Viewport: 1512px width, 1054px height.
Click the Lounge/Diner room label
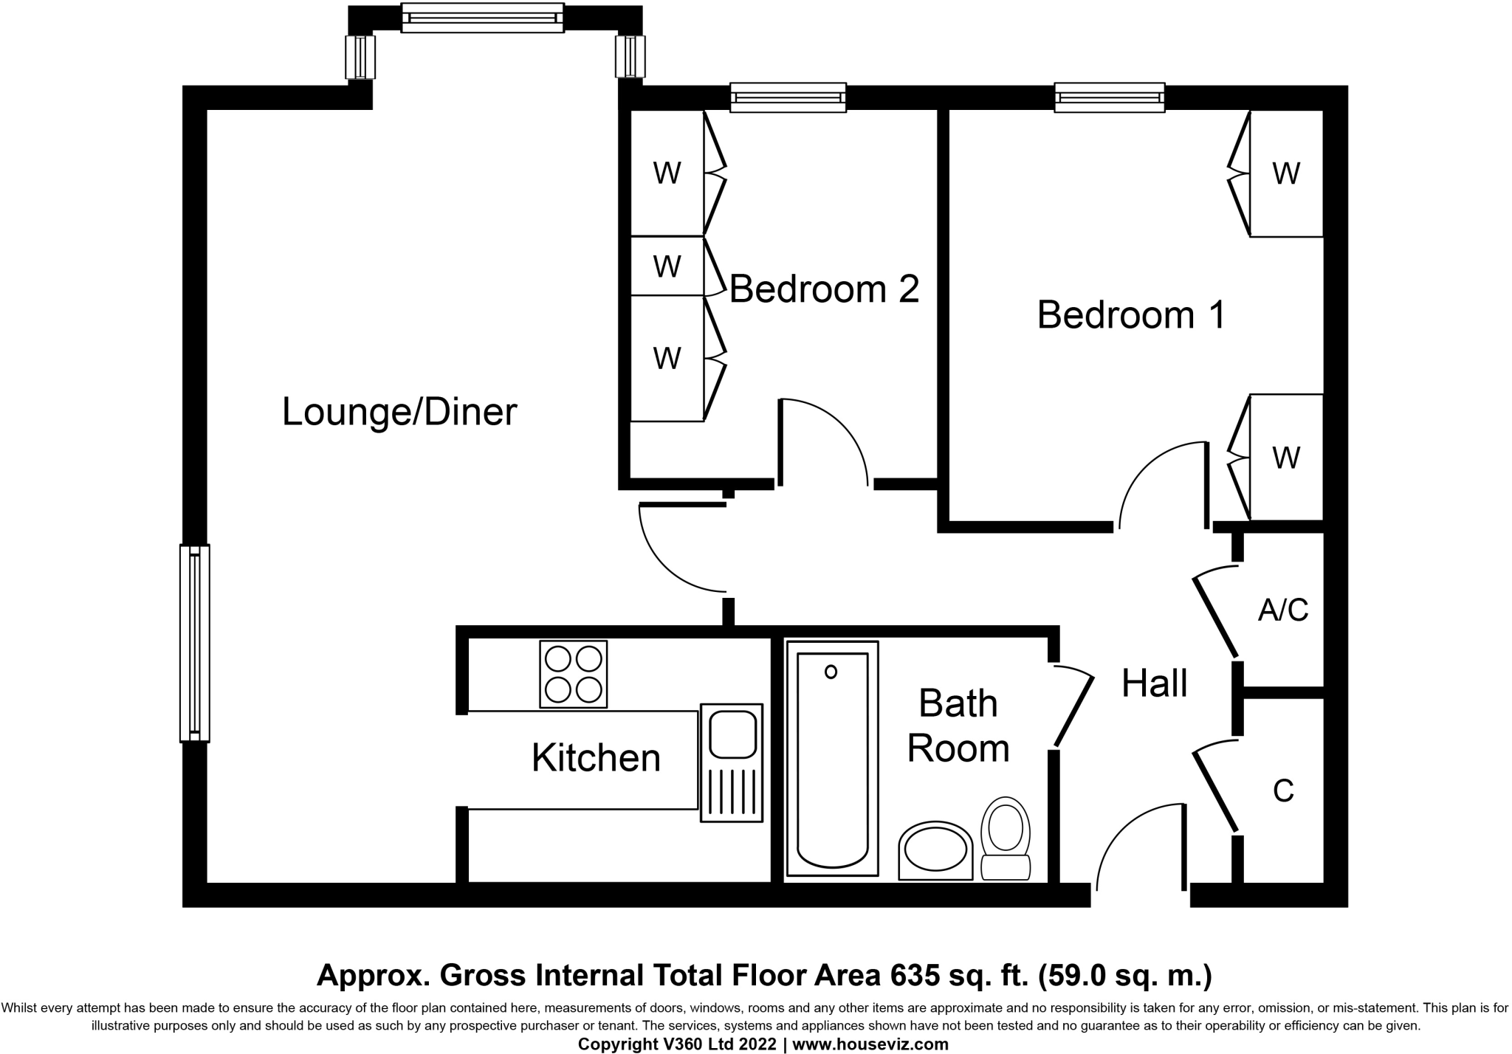(x=399, y=412)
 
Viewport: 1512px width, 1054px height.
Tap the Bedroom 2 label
(x=824, y=289)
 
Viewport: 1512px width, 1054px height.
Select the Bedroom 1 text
(x=1131, y=314)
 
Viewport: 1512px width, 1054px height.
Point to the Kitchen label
(x=596, y=758)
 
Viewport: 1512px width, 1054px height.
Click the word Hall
(x=1154, y=683)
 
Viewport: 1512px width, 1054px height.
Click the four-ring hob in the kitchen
(x=573, y=674)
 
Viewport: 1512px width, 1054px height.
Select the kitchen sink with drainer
(x=731, y=762)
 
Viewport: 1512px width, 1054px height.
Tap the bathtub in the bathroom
(x=832, y=759)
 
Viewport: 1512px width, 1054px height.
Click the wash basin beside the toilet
(x=935, y=851)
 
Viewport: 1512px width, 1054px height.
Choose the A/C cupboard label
(x=1283, y=610)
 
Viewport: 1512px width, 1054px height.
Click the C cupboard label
(x=1283, y=791)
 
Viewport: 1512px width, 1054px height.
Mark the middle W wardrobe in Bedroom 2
(x=667, y=266)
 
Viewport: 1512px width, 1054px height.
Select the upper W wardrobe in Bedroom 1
(x=1285, y=174)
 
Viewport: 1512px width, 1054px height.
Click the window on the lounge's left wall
(x=195, y=643)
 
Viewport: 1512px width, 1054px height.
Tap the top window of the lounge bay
(x=482, y=18)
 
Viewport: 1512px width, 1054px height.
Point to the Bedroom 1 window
(x=1109, y=97)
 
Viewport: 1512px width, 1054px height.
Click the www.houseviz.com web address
(x=870, y=1044)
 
